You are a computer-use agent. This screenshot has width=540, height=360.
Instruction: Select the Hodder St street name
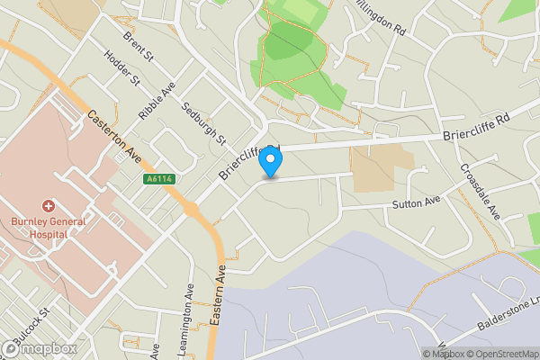click(x=123, y=68)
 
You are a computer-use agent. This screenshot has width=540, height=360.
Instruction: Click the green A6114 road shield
click(x=158, y=179)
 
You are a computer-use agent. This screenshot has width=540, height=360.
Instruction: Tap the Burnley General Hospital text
click(x=40, y=227)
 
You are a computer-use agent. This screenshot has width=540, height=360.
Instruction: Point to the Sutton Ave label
click(x=415, y=202)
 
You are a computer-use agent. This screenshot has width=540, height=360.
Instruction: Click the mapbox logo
click(x=40, y=348)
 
